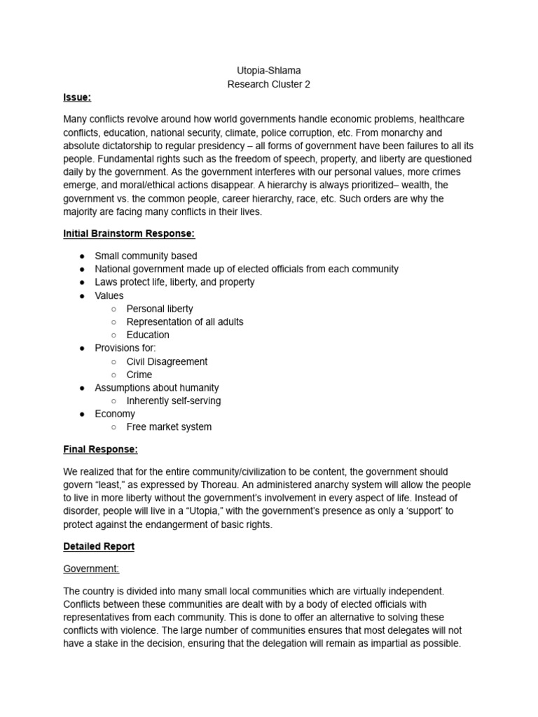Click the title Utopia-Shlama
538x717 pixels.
[269, 71]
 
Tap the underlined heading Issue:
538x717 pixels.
[77, 97]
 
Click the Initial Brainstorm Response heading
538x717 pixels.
[129, 233]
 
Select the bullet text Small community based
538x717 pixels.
[146, 256]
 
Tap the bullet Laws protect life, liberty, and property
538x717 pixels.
[174, 282]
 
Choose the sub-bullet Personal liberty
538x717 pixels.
[160, 309]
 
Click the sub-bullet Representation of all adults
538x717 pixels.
[185, 322]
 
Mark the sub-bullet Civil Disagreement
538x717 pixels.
[167, 361]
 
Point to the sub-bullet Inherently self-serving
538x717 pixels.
[173, 401]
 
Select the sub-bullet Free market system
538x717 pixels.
[169, 427]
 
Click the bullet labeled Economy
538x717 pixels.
[115, 414]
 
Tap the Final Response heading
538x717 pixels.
[100, 449]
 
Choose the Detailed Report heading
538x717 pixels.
[99, 545]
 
